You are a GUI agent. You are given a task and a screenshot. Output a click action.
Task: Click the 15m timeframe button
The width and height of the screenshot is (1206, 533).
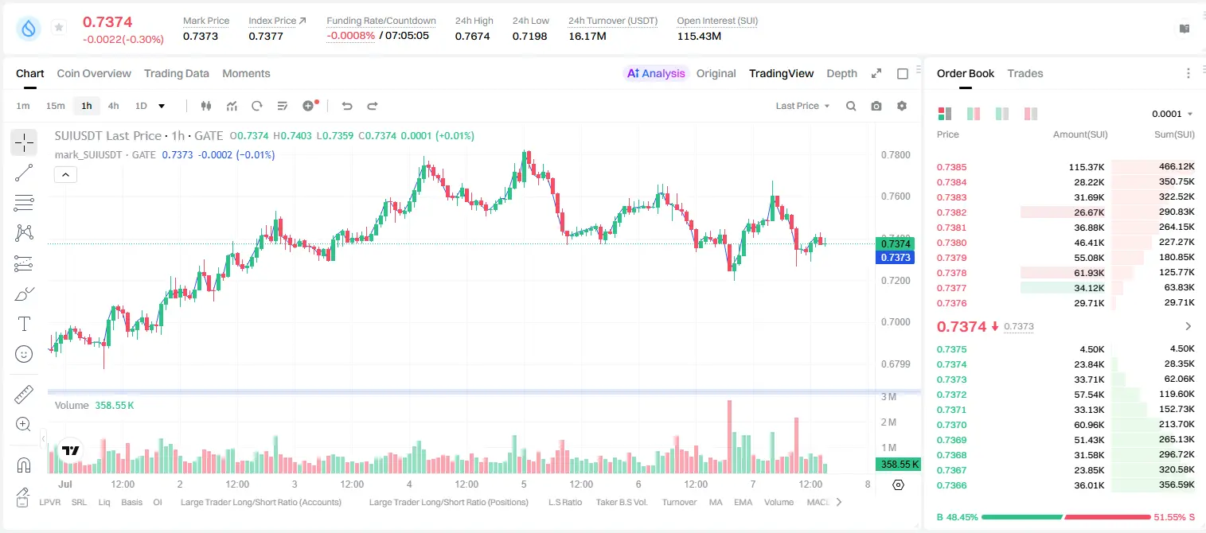tap(56, 106)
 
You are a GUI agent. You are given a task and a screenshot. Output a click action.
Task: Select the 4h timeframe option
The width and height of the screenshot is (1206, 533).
tap(113, 106)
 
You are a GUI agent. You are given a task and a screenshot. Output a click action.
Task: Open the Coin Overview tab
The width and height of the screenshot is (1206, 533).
tap(94, 73)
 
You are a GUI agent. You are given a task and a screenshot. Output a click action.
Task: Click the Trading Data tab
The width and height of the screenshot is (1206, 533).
tap(176, 73)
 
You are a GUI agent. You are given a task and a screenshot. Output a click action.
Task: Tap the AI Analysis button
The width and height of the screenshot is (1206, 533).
tap(656, 73)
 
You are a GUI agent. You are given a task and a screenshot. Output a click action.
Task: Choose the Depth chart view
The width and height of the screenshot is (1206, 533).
tap(841, 73)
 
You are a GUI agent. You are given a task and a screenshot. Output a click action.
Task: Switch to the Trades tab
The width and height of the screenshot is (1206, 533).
tap(1025, 73)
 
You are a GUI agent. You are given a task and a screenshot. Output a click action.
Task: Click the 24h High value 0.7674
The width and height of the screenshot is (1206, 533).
tap(472, 36)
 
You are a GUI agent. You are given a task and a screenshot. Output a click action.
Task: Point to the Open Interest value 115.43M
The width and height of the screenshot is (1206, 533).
tap(699, 36)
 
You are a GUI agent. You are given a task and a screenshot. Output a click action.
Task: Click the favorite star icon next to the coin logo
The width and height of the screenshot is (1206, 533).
tap(59, 27)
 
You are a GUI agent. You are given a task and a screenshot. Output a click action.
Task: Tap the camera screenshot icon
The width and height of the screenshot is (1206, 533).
tap(876, 106)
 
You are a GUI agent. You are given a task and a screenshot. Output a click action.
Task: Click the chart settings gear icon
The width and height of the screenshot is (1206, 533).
tap(902, 106)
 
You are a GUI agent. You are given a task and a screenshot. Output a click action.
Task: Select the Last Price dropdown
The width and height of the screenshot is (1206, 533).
tap(802, 106)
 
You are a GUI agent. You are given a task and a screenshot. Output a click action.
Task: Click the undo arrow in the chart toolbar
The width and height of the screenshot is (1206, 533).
tap(347, 106)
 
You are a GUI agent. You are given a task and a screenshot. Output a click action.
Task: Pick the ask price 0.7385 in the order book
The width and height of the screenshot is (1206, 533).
tap(951, 167)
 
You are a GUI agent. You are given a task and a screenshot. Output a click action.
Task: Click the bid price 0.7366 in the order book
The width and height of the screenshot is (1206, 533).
tap(951, 485)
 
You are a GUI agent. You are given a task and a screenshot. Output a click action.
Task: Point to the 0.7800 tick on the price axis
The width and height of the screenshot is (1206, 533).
tap(896, 155)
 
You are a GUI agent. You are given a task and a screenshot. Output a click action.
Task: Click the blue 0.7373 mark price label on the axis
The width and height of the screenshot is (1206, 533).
tap(896, 258)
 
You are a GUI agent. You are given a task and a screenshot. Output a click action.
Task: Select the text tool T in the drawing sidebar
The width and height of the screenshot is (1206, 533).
tap(24, 324)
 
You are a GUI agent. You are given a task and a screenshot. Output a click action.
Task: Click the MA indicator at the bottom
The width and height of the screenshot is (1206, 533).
tap(716, 502)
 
